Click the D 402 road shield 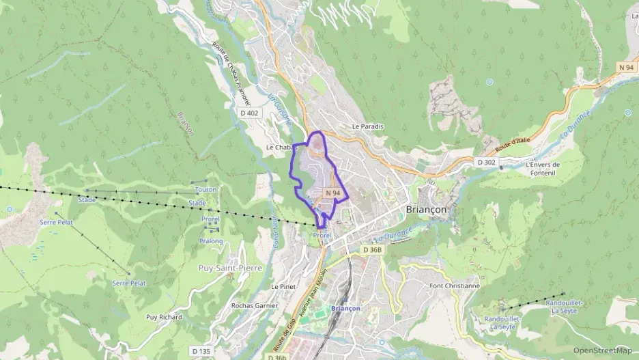pyautogui.click(x=249, y=113)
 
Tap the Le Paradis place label pyautogui.click(x=368, y=126)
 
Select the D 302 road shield pyautogui.click(x=485, y=162)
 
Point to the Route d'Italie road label pyautogui.click(x=513, y=145)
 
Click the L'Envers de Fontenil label pyautogui.click(x=543, y=168)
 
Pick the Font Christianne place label pyautogui.click(x=455, y=286)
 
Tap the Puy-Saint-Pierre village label pyautogui.click(x=230, y=268)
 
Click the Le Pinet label pyautogui.click(x=283, y=287)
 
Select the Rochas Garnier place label pyautogui.click(x=255, y=305)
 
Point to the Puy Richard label pyautogui.click(x=164, y=317)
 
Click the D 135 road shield pyautogui.click(x=201, y=350)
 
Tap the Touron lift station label pyautogui.click(x=205, y=189)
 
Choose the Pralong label pyautogui.click(x=211, y=241)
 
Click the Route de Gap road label pyautogui.click(x=285, y=331)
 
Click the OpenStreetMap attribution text pyautogui.click(x=602, y=350)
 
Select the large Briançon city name pyautogui.click(x=431, y=210)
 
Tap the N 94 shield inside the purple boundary pyautogui.click(x=333, y=193)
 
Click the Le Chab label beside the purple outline pyautogui.click(x=279, y=147)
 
